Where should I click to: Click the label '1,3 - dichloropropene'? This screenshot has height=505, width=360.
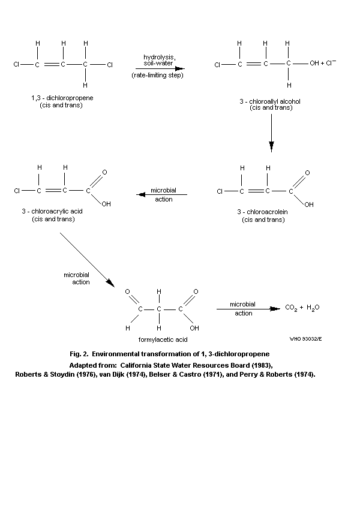tap(57, 97)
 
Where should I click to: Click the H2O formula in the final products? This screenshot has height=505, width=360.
tap(313, 308)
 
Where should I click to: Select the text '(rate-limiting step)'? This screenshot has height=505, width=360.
tap(158, 76)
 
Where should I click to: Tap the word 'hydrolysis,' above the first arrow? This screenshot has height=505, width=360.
tap(158, 56)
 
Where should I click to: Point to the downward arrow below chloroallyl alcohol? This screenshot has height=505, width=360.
tap(271, 146)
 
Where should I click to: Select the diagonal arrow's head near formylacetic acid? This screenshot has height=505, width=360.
tap(109, 281)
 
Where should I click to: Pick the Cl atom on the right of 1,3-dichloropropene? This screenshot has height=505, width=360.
tap(110, 64)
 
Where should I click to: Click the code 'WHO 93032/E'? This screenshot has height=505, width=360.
tap(305, 339)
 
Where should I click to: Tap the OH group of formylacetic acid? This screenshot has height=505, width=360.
tap(194, 329)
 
